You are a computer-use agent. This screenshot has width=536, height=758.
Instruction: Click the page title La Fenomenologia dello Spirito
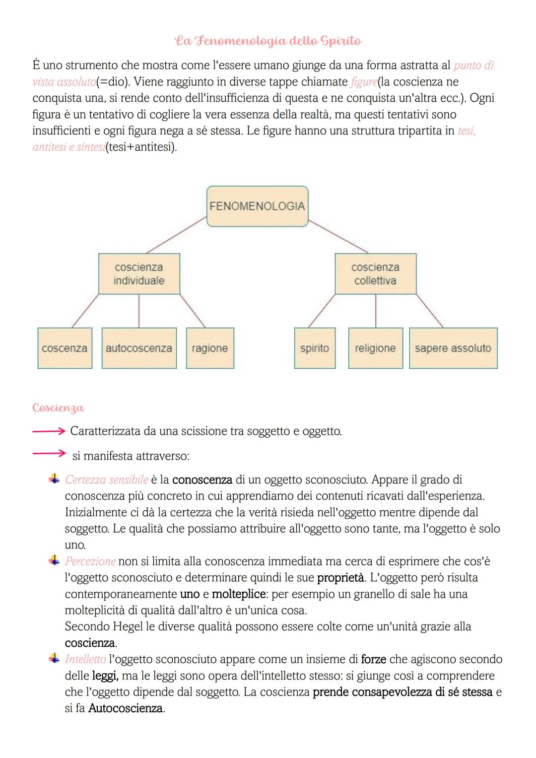tap(268, 41)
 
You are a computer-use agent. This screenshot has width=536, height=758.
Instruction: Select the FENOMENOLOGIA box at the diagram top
tap(257, 206)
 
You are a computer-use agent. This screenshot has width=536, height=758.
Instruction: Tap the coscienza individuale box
tap(139, 274)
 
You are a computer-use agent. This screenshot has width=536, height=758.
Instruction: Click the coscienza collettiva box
tap(375, 274)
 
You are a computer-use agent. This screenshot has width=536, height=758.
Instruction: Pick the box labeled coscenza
tap(65, 348)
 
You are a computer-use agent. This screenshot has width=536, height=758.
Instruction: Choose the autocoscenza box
tap(139, 348)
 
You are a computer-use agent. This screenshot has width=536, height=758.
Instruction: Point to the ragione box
tap(210, 348)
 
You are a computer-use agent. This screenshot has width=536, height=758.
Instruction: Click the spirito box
tap(315, 348)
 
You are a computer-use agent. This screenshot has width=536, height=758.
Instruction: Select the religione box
tap(375, 348)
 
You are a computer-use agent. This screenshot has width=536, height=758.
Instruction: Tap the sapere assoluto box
tap(453, 348)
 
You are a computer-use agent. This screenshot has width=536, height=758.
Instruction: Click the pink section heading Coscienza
tap(58, 408)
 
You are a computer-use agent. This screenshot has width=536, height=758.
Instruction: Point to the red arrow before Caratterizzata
tap(49, 431)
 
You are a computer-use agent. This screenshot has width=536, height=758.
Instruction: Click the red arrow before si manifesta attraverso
tap(49, 453)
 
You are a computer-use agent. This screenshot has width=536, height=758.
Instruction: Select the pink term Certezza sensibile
tap(107, 480)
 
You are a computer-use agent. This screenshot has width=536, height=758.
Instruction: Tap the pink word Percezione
tap(90, 561)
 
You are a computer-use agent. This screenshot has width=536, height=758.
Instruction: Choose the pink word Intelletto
tap(85, 659)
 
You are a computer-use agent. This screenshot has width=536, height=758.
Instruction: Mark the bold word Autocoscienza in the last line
tap(126, 708)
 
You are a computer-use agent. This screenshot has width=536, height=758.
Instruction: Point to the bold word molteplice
tap(238, 594)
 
